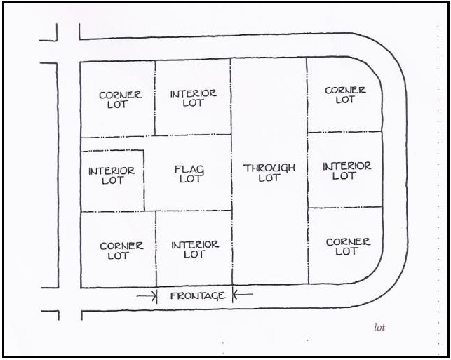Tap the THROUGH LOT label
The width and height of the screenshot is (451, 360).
(x=269, y=173)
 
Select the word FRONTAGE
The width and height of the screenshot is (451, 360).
(x=198, y=295)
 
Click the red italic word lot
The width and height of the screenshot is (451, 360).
(x=379, y=327)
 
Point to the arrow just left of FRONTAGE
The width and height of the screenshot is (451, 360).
(x=147, y=295)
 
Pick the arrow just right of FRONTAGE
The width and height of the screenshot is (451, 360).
(x=242, y=295)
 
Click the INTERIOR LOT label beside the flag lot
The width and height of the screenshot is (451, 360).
(x=112, y=175)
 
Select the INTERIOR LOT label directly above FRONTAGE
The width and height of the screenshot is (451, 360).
(x=195, y=249)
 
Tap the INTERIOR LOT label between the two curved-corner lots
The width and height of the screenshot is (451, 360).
(x=346, y=171)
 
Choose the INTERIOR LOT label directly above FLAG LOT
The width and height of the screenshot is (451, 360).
(x=194, y=98)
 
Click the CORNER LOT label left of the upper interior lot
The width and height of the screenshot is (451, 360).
(x=120, y=100)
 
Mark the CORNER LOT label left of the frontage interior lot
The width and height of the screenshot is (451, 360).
(x=121, y=251)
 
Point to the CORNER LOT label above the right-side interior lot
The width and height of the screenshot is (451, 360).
(x=345, y=95)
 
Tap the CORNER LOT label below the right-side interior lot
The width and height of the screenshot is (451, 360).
(x=348, y=246)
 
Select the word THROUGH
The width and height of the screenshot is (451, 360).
(x=269, y=168)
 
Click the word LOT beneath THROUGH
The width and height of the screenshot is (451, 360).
(x=269, y=178)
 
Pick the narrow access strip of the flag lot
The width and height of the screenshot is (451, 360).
(x=112, y=144)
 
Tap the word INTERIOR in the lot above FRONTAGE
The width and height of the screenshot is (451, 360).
(x=195, y=244)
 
